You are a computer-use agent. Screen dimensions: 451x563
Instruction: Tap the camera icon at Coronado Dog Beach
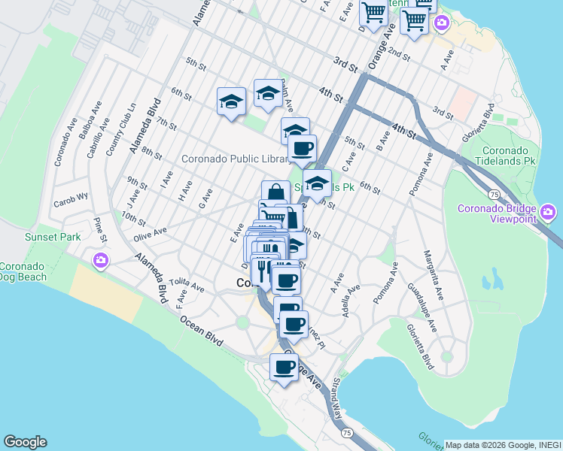[100, 261]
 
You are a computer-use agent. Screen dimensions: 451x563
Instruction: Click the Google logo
[25, 442]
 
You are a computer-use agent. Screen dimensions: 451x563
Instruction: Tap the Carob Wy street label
[71, 202]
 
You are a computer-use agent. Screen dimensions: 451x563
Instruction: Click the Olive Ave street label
[149, 235]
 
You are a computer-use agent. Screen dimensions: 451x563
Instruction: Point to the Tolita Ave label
[187, 285]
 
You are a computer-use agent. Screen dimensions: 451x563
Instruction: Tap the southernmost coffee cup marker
[284, 368]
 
